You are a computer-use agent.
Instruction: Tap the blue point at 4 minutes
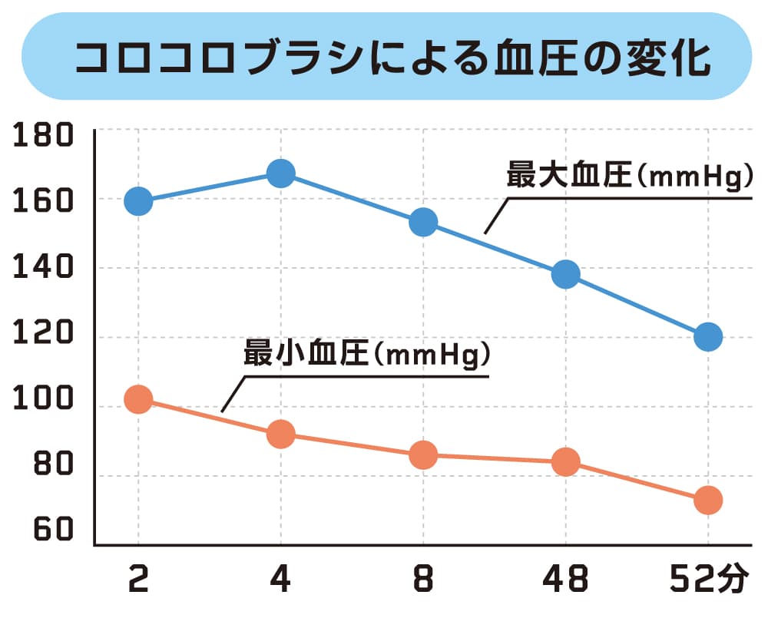coord(281,174)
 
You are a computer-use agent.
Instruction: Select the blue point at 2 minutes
coord(138,201)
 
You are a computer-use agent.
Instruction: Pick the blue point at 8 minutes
coord(423,223)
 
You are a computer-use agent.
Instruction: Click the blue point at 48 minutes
coord(566,274)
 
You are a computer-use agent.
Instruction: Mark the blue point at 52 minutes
coord(708,336)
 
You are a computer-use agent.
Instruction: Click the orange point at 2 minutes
coord(138,399)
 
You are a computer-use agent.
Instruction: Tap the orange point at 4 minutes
coord(281,435)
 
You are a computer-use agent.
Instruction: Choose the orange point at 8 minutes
coord(423,455)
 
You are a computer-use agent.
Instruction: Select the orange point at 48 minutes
coord(566,462)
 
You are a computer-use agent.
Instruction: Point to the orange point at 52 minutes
coord(708,501)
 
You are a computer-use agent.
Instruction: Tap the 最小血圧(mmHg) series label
coord(366,356)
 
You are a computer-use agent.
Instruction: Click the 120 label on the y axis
coord(44,335)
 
